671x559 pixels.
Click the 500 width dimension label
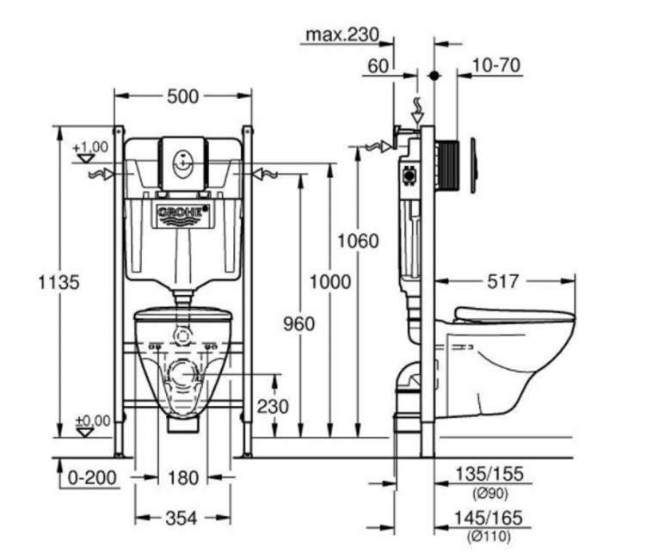point(182,96)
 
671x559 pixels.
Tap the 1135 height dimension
point(59,282)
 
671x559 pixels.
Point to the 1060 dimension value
point(358,241)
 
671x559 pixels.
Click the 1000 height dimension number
point(330,282)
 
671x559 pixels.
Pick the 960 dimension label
point(299,323)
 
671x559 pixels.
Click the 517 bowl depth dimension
point(503,281)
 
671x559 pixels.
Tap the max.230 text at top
point(342,34)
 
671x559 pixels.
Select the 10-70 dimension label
point(496,65)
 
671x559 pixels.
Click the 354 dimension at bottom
point(182,519)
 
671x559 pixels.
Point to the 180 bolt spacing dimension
point(182,478)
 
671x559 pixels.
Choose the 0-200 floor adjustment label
point(92,478)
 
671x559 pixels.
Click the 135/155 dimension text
point(489,474)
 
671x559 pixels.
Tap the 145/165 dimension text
point(488,518)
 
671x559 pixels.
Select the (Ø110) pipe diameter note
point(489,535)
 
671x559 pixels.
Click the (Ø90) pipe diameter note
point(490,494)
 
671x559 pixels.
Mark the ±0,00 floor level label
point(93,421)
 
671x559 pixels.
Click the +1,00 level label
point(90,147)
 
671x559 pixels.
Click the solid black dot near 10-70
point(434,76)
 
